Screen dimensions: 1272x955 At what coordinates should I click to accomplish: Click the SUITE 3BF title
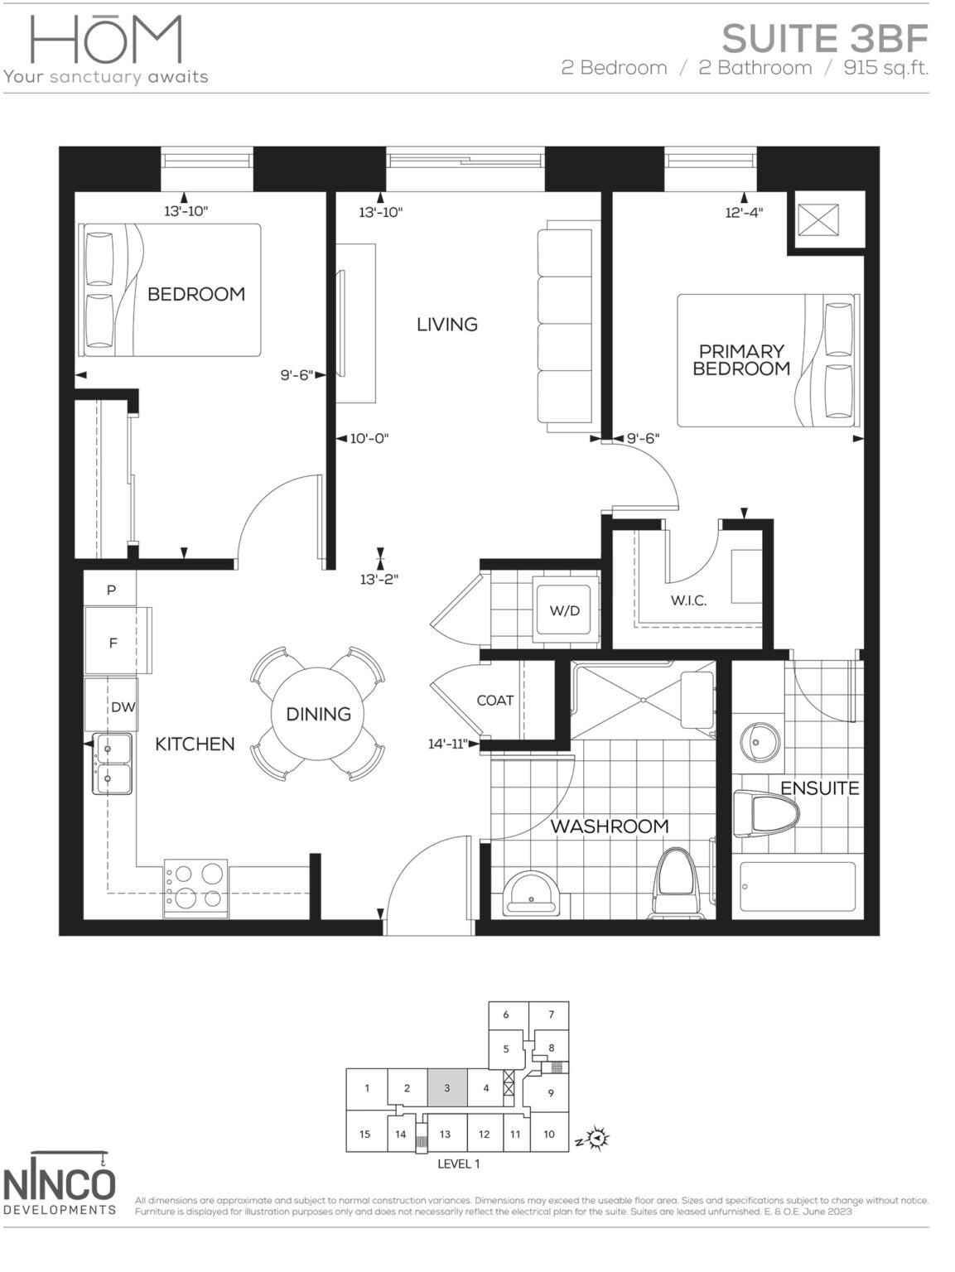tap(824, 38)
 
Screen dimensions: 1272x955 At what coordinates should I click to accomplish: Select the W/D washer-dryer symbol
tap(565, 611)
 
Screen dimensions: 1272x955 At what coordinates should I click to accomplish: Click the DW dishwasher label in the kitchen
tap(123, 706)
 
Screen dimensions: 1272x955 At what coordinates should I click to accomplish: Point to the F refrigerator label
tap(113, 643)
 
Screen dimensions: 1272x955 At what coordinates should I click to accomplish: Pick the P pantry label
tap(110, 590)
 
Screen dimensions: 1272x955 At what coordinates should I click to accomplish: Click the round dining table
tap(318, 713)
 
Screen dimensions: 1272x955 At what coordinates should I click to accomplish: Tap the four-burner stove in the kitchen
tap(196, 885)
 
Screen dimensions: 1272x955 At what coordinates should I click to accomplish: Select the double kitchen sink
tap(111, 764)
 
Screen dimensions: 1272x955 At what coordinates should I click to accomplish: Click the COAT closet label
tap(495, 701)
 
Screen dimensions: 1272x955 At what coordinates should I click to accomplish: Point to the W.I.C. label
tap(688, 600)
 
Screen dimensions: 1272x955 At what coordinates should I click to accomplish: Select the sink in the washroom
tap(530, 894)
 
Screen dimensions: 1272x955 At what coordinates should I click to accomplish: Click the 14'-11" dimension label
tap(448, 744)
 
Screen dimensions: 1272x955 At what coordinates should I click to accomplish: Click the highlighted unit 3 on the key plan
tap(446, 1087)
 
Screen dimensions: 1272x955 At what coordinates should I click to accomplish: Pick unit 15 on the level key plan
tap(365, 1134)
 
